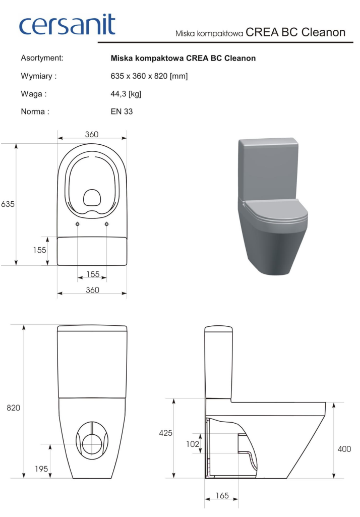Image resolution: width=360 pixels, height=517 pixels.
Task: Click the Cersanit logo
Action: pos(67,25)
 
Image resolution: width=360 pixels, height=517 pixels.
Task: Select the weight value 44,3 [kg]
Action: pos(126,94)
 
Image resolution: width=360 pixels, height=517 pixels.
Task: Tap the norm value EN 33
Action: pos(122,111)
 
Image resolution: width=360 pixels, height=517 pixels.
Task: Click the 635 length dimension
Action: pos(8,204)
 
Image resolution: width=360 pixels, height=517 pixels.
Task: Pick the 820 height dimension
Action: pos(13,408)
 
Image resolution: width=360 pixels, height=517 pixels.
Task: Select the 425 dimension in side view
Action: pos(165,433)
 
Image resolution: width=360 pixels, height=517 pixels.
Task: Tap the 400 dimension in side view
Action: pos(344,449)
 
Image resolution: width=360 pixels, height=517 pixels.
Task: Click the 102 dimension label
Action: pos(193,444)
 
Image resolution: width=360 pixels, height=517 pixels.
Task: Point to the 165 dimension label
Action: pos(222,496)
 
